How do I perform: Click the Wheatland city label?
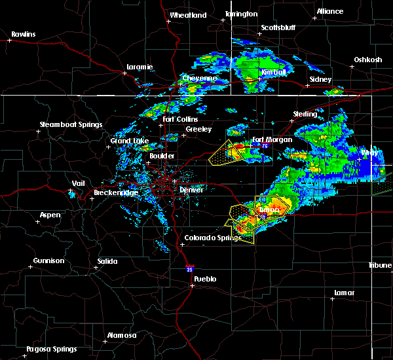[188, 15]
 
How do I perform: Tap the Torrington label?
[241, 14]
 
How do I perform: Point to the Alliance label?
[329, 12]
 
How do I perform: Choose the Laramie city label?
[140, 67]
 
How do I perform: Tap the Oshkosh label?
[367, 60]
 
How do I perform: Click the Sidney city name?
[320, 79]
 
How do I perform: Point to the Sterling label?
[305, 114]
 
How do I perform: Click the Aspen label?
[50, 215]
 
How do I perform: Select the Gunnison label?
[49, 261]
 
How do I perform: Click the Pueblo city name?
[204, 279]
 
